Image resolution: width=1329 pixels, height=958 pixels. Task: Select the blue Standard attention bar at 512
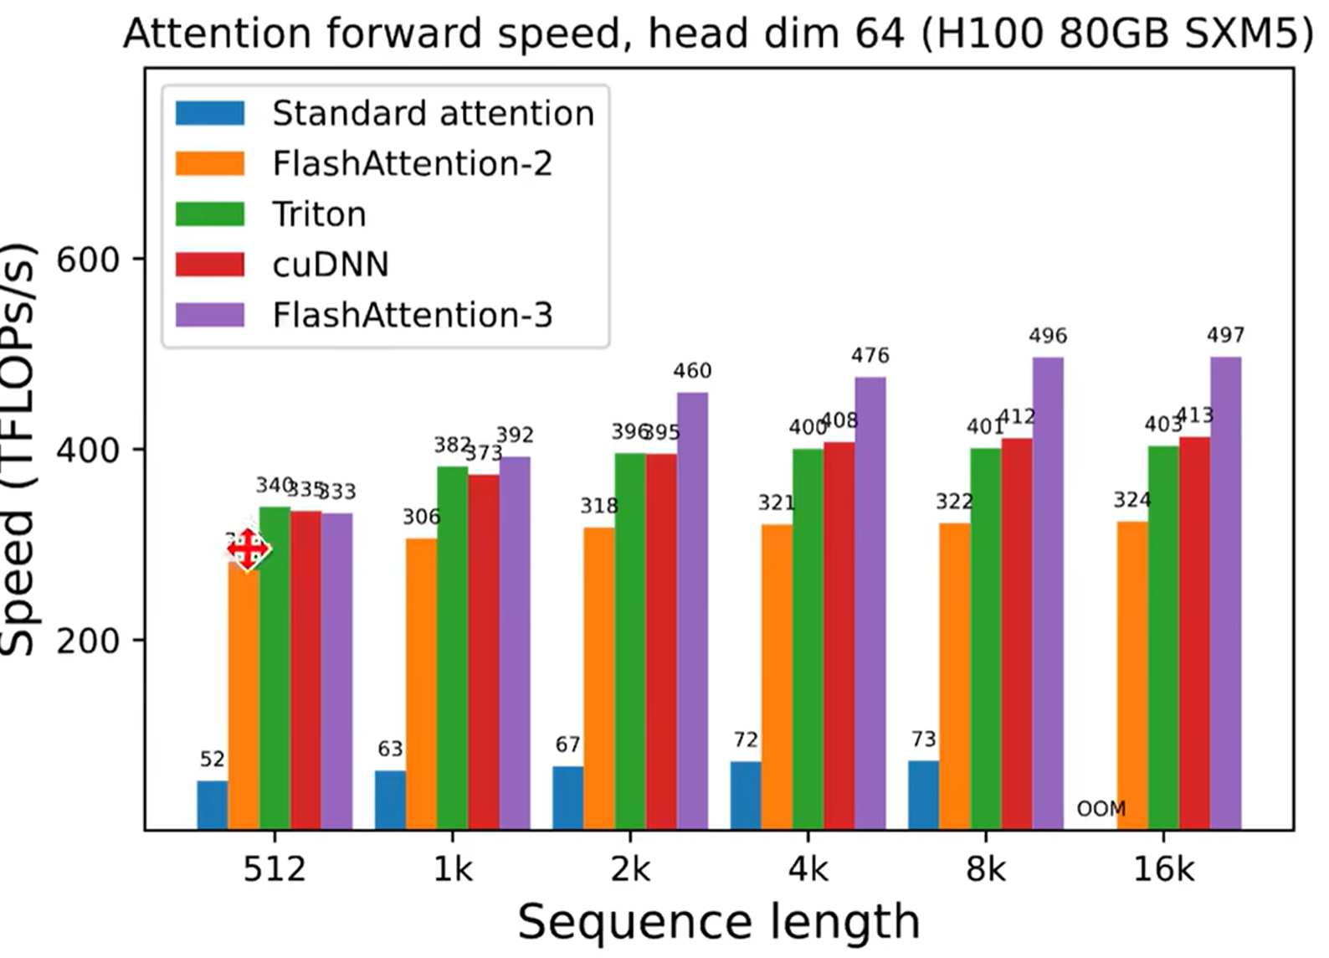click(x=212, y=805)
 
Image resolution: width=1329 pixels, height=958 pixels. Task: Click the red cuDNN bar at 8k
click(x=1017, y=633)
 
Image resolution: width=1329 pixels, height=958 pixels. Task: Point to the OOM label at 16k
click(x=1101, y=809)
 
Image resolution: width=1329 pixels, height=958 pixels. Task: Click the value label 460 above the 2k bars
click(x=692, y=371)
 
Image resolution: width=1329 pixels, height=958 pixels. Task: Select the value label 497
click(x=1225, y=336)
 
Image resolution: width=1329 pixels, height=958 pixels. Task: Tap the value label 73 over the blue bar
click(x=923, y=739)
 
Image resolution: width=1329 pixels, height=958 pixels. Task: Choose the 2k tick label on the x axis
click(x=630, y=870)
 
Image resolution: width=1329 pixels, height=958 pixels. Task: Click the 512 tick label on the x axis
click(x=275, y=870)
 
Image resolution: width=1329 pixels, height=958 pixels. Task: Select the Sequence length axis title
click(x=718, y=923)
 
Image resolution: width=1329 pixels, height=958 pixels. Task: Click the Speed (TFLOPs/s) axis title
click(x=18, y=449)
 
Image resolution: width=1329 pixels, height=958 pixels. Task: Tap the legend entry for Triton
click(x=319, y=214)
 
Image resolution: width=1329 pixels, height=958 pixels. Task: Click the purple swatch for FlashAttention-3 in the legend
click(x=210, y=315)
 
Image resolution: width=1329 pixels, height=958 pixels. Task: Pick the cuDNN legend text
click(x=331, y=265)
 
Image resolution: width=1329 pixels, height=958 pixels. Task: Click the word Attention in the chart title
click(x=218, y=33)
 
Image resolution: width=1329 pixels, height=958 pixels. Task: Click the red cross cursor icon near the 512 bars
click(x=248, y=549)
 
